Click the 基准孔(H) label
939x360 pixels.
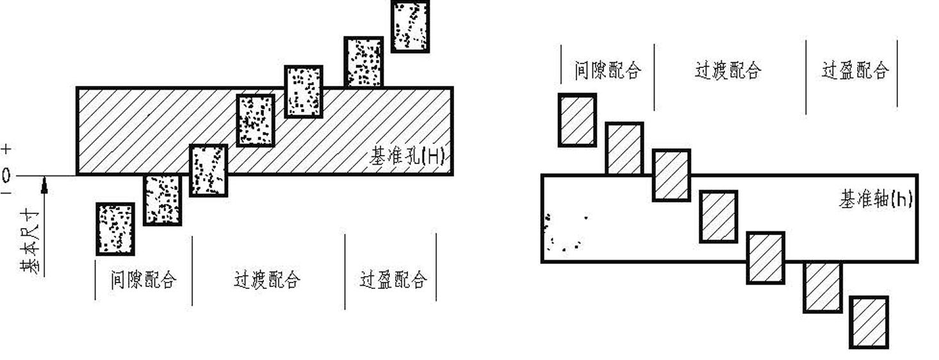(407, 157)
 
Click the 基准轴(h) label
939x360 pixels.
(876, 199)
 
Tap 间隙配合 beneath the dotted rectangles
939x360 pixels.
(143, 280)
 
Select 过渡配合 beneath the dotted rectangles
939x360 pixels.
(266, 280)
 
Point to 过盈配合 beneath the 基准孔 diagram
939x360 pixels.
(393, 280)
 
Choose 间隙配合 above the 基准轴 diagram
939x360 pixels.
(608, 70)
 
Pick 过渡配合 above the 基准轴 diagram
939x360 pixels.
(728, 70)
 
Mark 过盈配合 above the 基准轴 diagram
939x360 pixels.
(855, 70)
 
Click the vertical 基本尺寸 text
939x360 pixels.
(30, 241)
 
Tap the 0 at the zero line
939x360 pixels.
(6, 176)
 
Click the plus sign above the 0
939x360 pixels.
(6, 150)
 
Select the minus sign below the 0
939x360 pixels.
(6, 193)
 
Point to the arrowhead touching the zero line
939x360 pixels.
(44, 185)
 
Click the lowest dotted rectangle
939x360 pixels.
(115, 229)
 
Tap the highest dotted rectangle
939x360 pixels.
(410, 26)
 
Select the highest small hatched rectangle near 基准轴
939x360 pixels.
(577, 120)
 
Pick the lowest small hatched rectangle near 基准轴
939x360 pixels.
(869, 322)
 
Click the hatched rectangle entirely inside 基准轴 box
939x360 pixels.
(718, 217)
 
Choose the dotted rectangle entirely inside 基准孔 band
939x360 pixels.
(256, 120)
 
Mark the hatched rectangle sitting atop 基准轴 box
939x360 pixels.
(625, 149)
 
